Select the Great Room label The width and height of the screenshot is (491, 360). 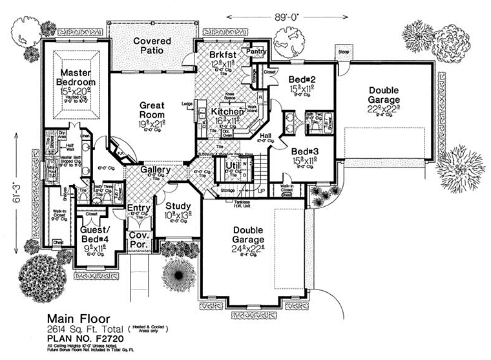pos(151,111)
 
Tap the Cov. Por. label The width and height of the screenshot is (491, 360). pos(139,241)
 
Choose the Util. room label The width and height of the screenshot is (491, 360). pos(233,167)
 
